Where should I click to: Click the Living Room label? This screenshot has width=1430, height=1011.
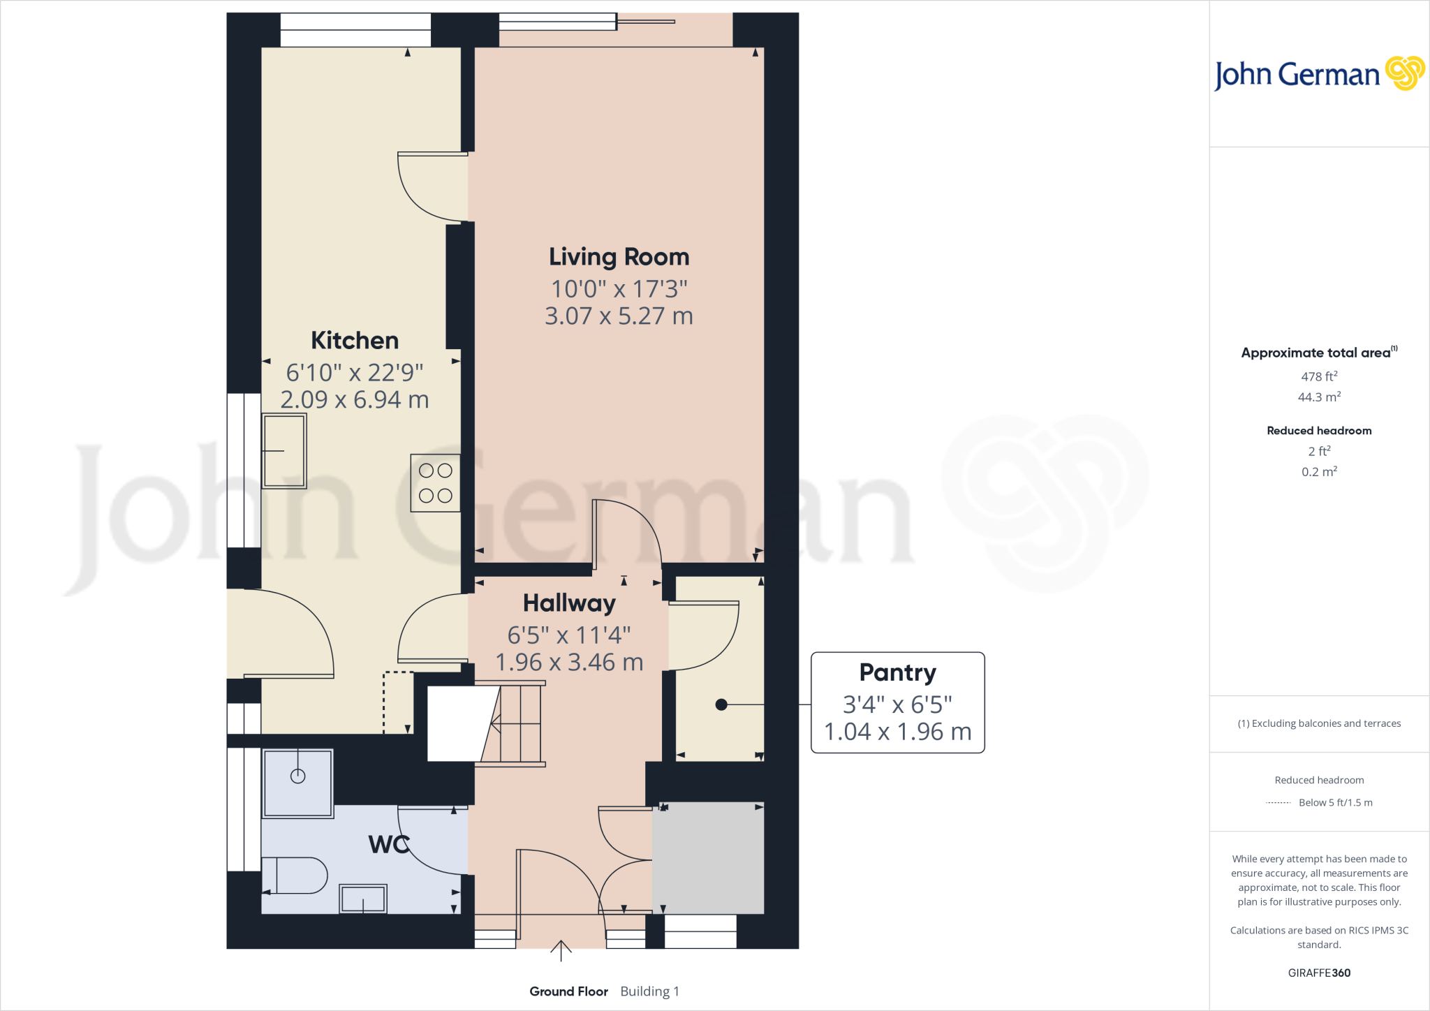(619, 257)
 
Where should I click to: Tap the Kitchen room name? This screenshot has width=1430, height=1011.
(355, 341)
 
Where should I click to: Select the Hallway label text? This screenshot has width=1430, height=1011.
(569, 603)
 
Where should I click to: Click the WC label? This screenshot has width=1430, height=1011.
(388, 845)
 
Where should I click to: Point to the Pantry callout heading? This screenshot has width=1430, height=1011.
(897, 672)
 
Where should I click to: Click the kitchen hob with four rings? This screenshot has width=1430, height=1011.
(435, 483)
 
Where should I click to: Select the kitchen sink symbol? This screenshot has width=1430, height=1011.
(284, 451)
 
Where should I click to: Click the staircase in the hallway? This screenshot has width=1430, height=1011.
(513, 725)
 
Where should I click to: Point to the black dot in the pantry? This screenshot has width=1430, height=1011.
(721, 705)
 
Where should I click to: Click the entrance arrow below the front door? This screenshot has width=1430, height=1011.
(561, 950)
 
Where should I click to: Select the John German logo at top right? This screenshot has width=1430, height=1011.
(1319, 74)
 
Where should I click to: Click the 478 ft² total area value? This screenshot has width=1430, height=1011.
(1319, 376)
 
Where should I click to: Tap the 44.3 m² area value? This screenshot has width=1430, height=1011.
(1319, 397)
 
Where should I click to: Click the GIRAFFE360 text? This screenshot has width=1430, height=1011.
(1319, 973)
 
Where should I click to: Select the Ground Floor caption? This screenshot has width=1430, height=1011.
(568, 991)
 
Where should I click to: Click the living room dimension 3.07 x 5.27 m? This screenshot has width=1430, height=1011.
(619, 316)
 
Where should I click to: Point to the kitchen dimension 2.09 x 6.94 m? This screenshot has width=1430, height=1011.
(355, 400)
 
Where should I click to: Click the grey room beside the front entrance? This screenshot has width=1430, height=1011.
(708, 857)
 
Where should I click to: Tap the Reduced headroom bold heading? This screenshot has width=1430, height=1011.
(1319, 431)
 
